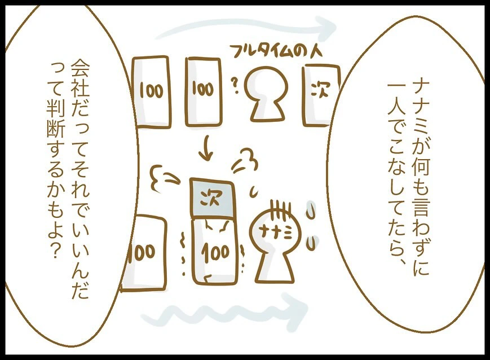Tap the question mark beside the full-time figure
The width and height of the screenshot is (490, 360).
coord(235,86)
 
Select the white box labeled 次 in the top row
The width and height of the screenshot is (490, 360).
coord(320,95)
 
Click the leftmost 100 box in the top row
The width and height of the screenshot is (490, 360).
coord(152,91)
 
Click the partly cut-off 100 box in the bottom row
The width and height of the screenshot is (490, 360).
coord(144,253)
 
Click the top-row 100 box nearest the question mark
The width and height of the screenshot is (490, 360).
coord(204,91)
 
